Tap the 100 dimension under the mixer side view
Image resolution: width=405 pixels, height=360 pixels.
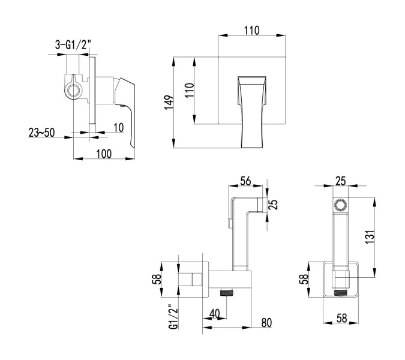click(x=103, y=154)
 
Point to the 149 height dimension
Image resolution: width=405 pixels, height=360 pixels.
click(x=170, y=102)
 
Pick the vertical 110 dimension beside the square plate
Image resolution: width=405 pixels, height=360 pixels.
click(x=190, y=91)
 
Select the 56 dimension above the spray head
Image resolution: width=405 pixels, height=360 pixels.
click(x=245, y=181)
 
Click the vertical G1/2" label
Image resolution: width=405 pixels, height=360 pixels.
click(x=173, y=317)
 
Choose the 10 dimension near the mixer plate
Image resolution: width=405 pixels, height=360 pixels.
click(x=118, y=127)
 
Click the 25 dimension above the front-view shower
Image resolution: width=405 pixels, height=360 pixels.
click(x=340, y=181)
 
